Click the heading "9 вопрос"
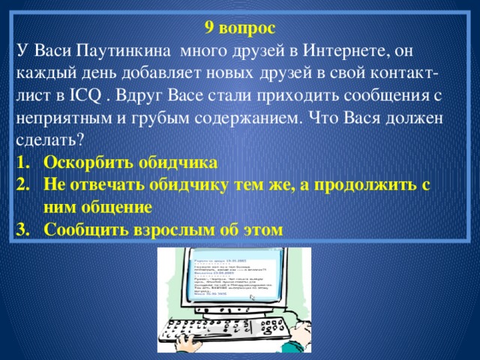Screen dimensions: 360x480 click(x=240, y=28)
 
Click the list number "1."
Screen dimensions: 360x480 click(x=22, y=163)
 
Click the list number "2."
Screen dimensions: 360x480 click(x=22, y=185)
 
